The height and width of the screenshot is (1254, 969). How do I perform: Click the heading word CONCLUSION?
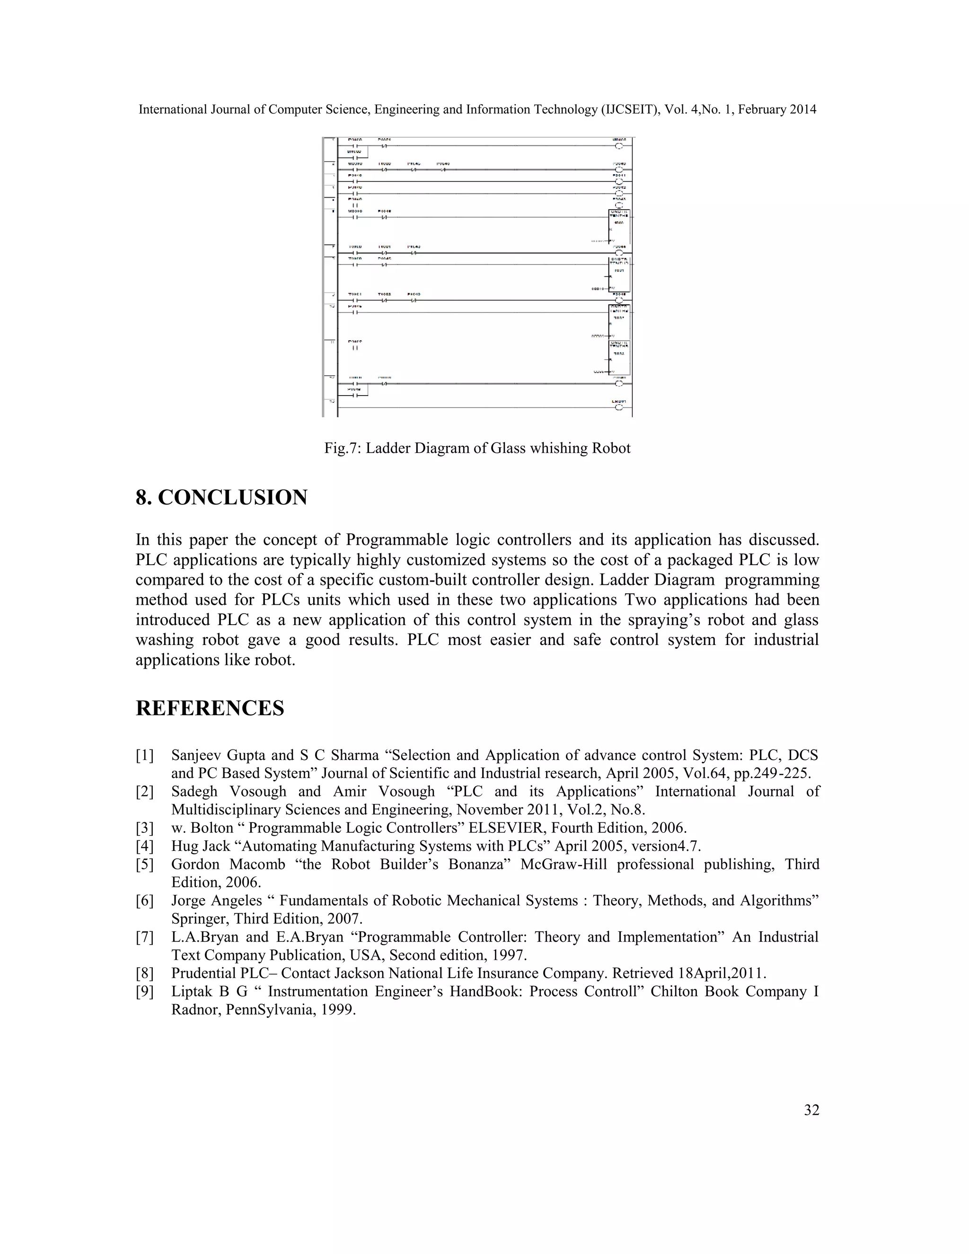click(x=232, y=497)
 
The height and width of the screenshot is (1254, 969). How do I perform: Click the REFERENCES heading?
click(x=210, y=708)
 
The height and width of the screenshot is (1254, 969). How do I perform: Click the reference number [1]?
click(x=145, y=756)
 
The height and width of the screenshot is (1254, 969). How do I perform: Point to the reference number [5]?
click(x=145, y=865)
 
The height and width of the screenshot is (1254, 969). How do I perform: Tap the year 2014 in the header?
click(x=802, y=110)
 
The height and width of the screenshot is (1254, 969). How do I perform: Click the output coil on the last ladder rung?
click(x=618, y=407)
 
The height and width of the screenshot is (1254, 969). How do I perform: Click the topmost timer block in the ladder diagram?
click(x=619, y=227)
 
